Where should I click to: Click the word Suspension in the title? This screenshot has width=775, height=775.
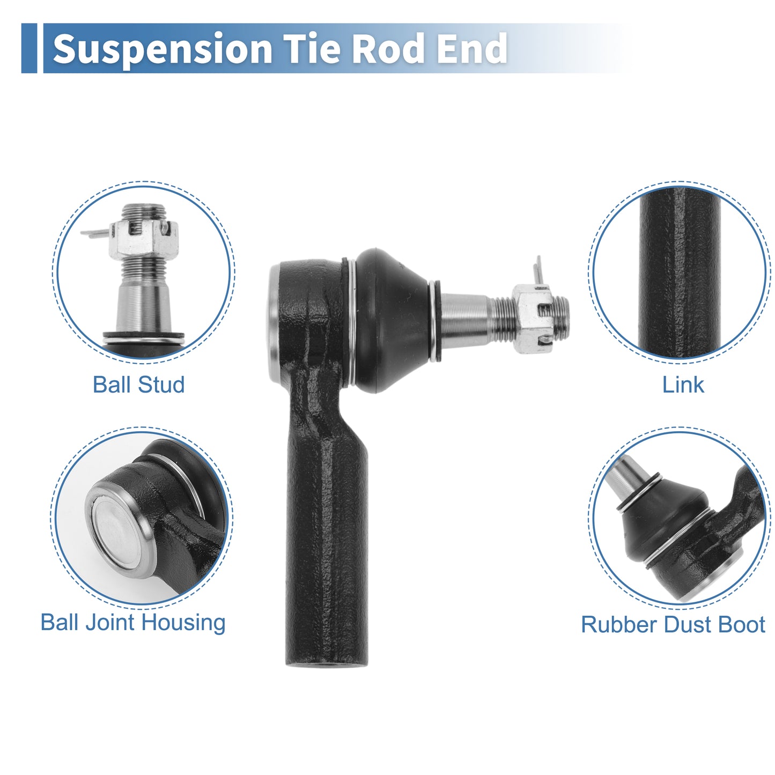coord(163,49)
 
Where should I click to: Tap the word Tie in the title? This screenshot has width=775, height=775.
coord(313,48)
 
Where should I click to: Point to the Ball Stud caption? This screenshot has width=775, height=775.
coord(139,385)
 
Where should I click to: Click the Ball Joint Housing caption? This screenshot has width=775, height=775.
coord(133,623)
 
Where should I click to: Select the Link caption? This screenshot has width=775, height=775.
coord(683,385)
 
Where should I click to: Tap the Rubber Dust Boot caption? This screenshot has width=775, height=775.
coord(673,624)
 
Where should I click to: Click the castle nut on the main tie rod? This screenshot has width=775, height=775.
coord(533,319)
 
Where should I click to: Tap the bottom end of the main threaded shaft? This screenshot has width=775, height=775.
coord(327,665)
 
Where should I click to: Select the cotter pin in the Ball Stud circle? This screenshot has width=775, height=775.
coord(95,233)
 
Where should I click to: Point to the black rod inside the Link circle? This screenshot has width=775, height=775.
coord(680,272)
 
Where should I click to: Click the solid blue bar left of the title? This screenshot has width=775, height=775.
coord(29,48)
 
